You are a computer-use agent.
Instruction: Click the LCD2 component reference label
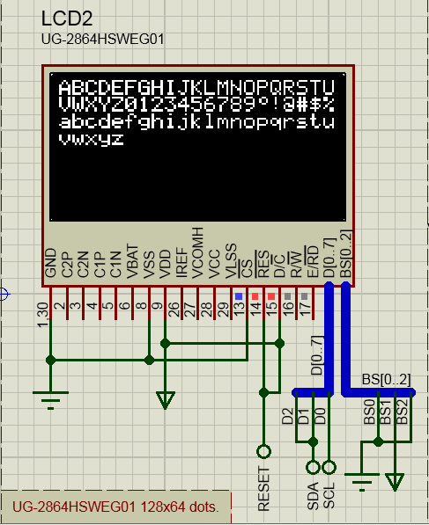pos(66,19)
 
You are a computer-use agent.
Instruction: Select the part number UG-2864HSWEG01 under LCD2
pos(102,40)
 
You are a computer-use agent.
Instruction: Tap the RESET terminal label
pos(263,488)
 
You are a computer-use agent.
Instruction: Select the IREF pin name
pos(181,262)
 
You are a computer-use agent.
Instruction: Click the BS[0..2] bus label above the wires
pos(386,380)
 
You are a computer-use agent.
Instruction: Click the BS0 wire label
pos(368,412)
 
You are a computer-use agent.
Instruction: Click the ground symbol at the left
pos(51,398)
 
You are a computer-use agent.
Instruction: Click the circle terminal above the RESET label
pos(263,451)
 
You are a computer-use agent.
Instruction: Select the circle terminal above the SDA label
pos(312,467)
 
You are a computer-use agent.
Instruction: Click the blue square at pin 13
pos(238,295)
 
